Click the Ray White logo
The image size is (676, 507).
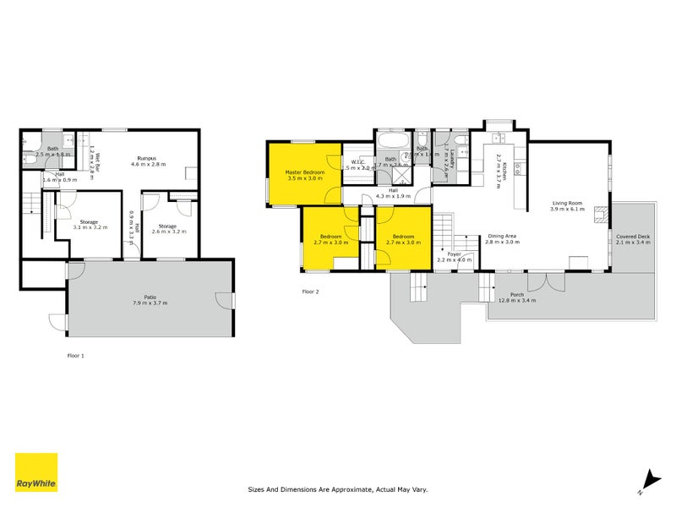pyautogui.click(x=36, y=472)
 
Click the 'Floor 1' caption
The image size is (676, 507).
pyautogui.click(x=76, y=356)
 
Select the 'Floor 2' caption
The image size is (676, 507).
pyautogui.click(x=312, y=292)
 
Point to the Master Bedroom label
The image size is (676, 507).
pyautogui.click(x=305, y=172)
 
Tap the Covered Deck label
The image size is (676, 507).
pyautogui.click(x=632, y=236)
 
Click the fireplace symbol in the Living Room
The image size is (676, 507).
pyautogui.click(x=601, y=215)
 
